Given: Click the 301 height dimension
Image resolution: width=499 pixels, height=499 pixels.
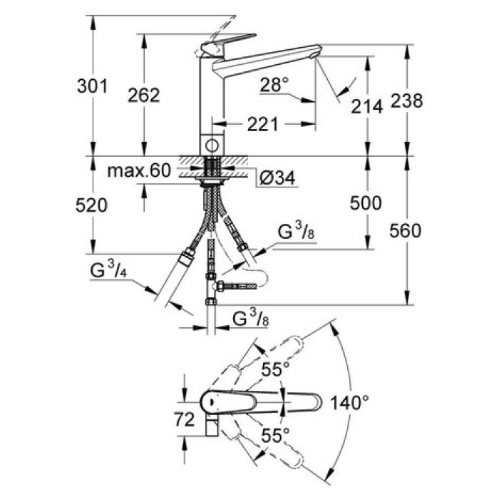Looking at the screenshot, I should [x=93, y=86].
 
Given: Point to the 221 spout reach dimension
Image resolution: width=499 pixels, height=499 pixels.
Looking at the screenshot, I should [x=262, y=125].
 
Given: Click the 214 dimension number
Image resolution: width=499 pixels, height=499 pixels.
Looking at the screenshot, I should [x=367, y=106].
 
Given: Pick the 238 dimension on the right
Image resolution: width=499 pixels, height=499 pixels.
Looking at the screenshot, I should [x=408, y=101].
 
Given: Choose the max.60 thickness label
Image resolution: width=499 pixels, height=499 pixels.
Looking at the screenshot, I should [x=140, y=170].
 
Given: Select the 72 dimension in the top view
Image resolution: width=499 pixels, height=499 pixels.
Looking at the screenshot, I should [x=184, y=421].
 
